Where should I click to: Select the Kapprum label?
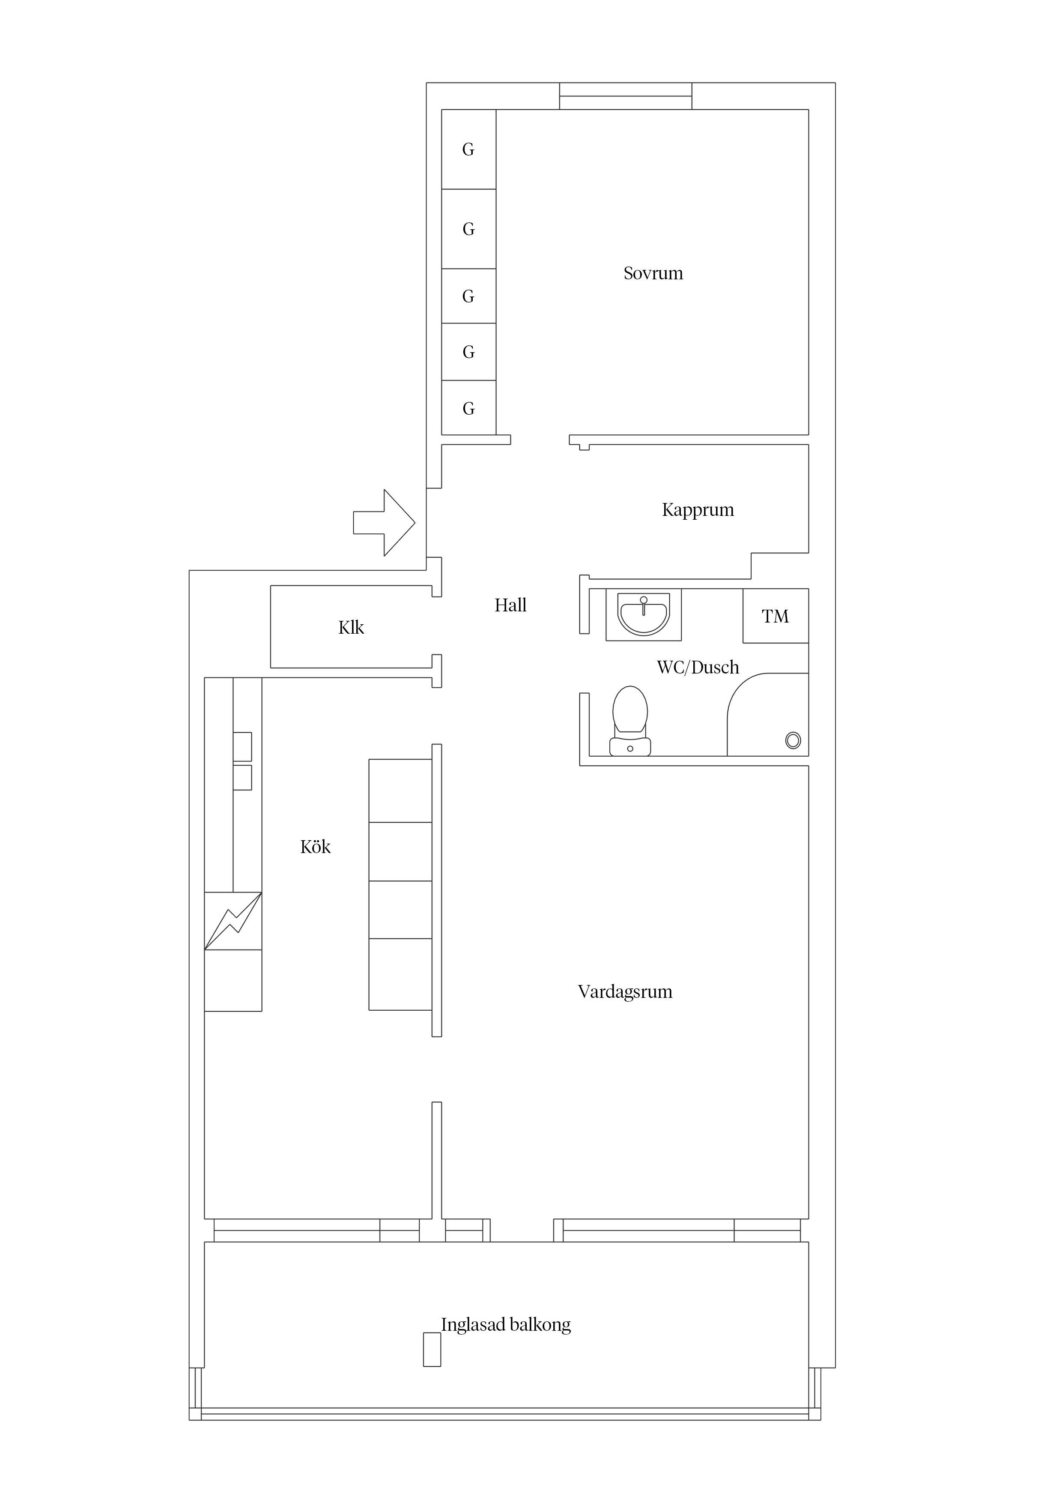(x=698, y=510)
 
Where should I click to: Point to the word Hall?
(x=510, y=605)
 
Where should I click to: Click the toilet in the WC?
(x=630, y=721)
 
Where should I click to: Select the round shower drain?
(x=793, y=740)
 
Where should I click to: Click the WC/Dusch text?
(x=698, y=667)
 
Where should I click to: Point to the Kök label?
(x=316, y=847)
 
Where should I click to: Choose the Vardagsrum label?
(x=625, y=992)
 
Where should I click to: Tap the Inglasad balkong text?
(x=506, y=1324)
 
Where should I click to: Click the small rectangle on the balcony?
(x=432, y=1350)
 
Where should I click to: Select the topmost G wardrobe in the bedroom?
(x=468, y=149)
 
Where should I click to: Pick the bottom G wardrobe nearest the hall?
(x=468, y=408)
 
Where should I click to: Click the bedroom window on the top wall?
(x=626, y=96)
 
